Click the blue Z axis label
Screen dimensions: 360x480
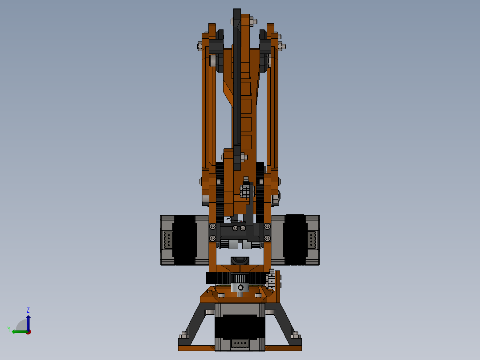pos(28,310)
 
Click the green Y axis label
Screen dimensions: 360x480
pos(9,329)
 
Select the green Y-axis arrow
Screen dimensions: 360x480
pos(19,331)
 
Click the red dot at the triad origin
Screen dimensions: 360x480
pos(28,332)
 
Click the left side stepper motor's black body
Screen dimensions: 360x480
pos(184,240)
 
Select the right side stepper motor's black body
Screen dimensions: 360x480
pos(295,240)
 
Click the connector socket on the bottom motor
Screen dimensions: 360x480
pos(240,344)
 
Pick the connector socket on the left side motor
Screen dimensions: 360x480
pos(168,240)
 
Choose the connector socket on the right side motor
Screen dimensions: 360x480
pos(311,240)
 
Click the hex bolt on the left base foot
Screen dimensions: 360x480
pos(183,335)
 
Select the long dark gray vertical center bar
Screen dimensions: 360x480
pos(236,89)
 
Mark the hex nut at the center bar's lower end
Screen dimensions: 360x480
pos(243,157)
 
